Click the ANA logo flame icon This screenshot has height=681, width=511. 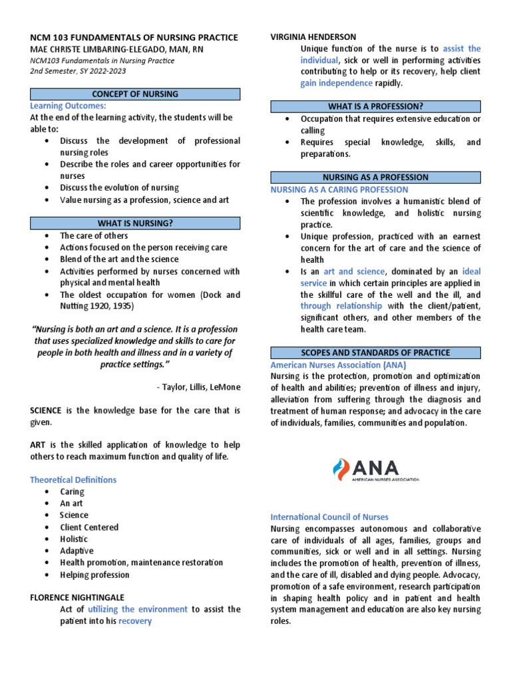[x=340, y=470]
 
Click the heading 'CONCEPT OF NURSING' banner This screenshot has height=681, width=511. [x=135, y=94]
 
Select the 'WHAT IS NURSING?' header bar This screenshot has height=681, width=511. [x=135, y=223]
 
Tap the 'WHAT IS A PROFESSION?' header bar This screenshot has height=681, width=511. [x=375, y=106]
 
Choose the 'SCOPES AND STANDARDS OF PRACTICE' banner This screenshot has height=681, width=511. [x=375, y=352]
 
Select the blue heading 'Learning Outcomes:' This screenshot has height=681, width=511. [x=68, y=106]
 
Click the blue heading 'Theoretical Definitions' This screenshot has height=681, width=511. [x=73, y=479]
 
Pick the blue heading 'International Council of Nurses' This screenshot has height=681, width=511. [x=329, y=517]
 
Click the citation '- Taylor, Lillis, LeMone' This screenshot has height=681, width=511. [x=198, y=387]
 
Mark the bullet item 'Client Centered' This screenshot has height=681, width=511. [x=89, y=527]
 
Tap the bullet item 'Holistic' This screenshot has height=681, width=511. [x=74, y=539]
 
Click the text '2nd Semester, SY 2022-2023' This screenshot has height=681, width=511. [x=78, y=71]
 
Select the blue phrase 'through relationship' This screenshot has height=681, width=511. [x=341, y=306]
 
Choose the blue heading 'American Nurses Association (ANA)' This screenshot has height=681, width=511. [x=338, y=365]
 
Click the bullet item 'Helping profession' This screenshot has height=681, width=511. [x=94, y=575]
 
